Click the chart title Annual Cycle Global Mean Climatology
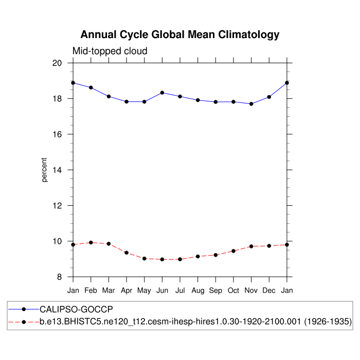click(x=180, y=35)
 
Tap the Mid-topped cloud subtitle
click(x=110, y=51)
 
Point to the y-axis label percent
click(x=44, y=170)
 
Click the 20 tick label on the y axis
click(x=57, y=63)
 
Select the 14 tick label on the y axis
click(x=57, y=170)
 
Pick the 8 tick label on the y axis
click(x=60, y=277)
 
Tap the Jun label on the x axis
click(x=162, y=291)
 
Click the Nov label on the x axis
click(x=251, y=291)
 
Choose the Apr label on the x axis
click(x=127, y=291)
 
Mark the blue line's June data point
click(x=162, y=93)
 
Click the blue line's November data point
click(x=251, y=104)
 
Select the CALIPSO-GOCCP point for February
click(x=91, y=87)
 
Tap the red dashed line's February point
click(x=91, y=242)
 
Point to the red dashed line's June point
click(x=162, y=260)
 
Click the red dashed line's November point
click(x=251, y=246)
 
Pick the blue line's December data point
click(x=269, y=97)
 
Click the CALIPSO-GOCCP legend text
click(x=76, y=309)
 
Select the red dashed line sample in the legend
click(x=24, y=322)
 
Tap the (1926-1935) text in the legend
click(x=327, y=322)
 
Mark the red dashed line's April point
click(x=127, y=253)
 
